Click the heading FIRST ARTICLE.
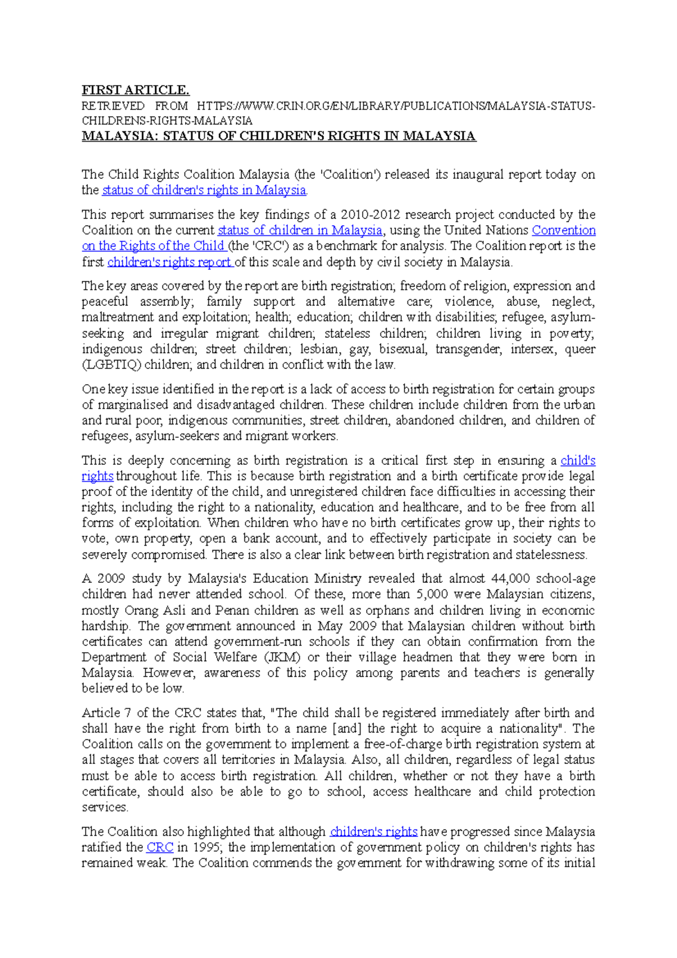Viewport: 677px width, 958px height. pyautogui.click(x=135, y=90)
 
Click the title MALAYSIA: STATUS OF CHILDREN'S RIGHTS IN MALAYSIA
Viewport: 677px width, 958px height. pyautogui.click(x=279, y=136)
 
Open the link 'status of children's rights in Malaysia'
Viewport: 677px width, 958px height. pyautogui.click(x=204, y=190)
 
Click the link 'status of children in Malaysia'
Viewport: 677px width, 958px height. pyautogui.click(x=300, y=230)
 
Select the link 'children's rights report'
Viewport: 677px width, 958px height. pyautogui.click(x=169, y=262)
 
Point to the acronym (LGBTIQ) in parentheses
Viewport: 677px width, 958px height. pyautogui.click(x=111, y=364)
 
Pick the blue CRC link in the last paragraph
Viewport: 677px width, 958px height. pyautogui.click(x=160, y=847)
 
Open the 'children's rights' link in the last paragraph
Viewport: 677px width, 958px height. pyautogui.click(x=373, y=832)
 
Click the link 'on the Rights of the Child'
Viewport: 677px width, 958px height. pyautogui.click(x=153, y=246)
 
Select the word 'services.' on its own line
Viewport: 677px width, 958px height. pyautogui.click(x=105, y=807)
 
